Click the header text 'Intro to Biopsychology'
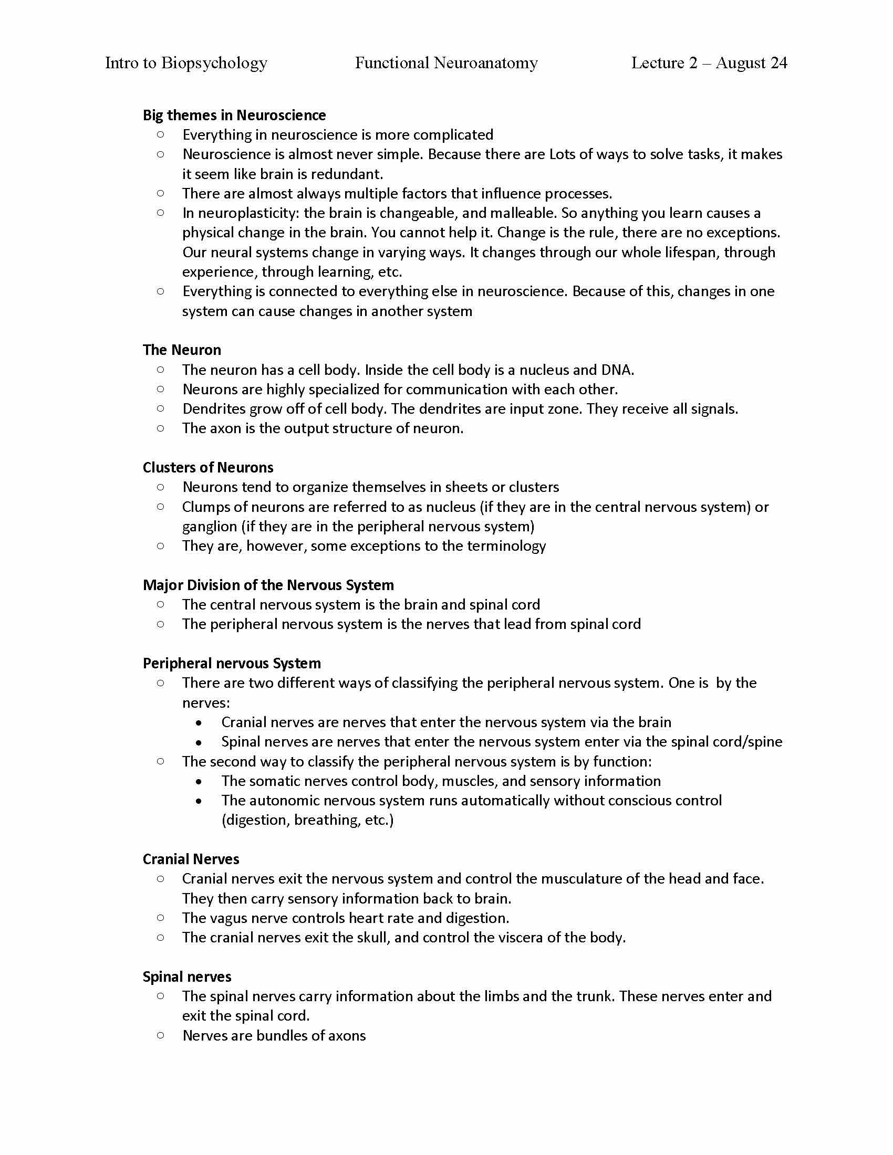point(186,63)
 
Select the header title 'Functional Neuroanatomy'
point(446,63)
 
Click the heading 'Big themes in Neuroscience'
point(234,115)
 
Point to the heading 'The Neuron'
point(181,350)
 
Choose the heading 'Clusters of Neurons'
point(208,467)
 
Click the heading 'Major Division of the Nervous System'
point(268,585)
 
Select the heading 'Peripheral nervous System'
point(232,663)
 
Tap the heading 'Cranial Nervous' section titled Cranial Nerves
point(191,859)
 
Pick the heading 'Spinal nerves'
point(187,977)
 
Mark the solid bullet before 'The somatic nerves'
point(199,782)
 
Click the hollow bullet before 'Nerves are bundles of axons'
point(161,1035)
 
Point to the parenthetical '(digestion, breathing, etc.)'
point(307,820)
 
